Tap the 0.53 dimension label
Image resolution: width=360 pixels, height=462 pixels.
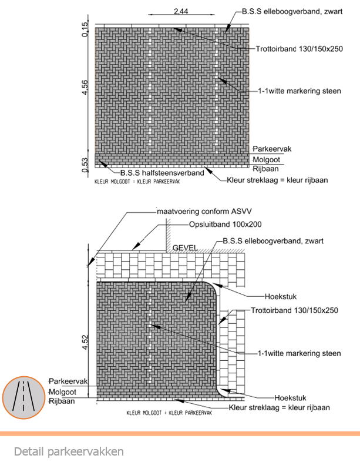click(x=85, y=165)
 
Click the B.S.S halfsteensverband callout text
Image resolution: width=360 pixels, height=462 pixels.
click(x=162, y=173)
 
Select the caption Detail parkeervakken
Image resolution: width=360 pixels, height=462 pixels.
click(x=69, y=451)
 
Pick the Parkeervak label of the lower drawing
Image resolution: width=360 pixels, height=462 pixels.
click(x=68, y=381)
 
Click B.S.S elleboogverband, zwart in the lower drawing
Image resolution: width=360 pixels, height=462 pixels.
click(x=273, y=240)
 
